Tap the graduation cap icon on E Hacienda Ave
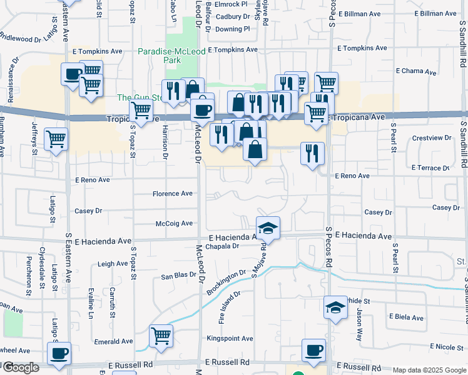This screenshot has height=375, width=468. (268, 227)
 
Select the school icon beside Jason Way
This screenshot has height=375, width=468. (335, 307)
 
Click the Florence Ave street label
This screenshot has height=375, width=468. (173, 194)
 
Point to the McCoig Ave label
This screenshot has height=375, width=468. (174, 223)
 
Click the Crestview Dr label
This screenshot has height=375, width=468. (432, 137)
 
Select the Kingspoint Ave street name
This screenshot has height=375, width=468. (230, 339)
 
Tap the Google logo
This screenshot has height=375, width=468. (20, 368)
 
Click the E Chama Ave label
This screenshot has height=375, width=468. (413, 72)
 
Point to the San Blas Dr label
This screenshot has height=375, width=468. (179, 276)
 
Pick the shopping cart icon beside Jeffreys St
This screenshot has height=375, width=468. (56, 139)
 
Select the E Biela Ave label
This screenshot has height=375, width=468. (406, 317)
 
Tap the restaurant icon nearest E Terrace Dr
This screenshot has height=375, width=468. (312, 153)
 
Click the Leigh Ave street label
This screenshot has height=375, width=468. (113, 264)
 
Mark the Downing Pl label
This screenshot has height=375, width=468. (232, 29)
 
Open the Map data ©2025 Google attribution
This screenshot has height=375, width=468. (429, 370)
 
